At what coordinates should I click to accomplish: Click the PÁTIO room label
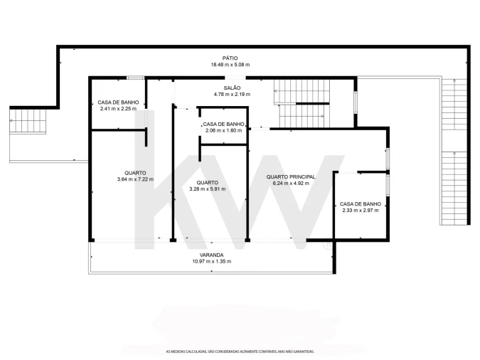pos(230,58)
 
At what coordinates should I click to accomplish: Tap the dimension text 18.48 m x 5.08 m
pos(230,65)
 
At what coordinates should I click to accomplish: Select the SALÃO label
pos(232,88)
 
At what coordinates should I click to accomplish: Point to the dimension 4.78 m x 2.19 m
pos(232,95)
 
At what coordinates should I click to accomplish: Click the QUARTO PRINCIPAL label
pos(291,176)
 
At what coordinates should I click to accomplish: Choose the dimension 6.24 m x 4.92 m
pos(291,184)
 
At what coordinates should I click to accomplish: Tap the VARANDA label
pos(211,255)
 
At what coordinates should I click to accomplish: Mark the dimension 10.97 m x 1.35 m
pos(211,261)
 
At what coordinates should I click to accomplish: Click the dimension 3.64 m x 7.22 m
pos(135,179)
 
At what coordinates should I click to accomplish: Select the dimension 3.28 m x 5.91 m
pos(208,189)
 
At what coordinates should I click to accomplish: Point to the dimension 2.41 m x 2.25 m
pos(118,109)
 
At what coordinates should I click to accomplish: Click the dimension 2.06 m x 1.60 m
pos(223,130)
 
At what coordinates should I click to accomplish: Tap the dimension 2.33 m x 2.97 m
pos(361,210)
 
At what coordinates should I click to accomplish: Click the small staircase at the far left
pos(28,121)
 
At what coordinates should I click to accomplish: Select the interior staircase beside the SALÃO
pos(302,104)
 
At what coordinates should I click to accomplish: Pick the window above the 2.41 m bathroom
pos(135,78)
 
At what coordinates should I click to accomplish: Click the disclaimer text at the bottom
pos(240,351)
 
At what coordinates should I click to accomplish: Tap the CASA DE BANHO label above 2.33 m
pos(361,203)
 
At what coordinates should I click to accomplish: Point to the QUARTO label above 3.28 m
pos(208,183)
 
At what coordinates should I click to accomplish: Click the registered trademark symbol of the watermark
pos(328,245)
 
